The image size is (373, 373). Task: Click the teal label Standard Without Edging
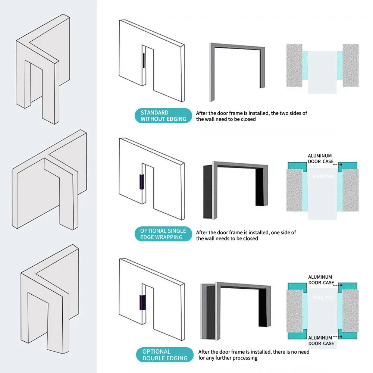[x=163, y=116]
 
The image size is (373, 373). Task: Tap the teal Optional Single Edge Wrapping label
[x=163, y=234]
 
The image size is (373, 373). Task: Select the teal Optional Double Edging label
[x=164, y=355]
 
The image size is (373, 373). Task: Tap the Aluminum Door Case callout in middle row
[x=320, y=159]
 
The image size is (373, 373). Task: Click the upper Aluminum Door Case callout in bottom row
[x=320, y=280]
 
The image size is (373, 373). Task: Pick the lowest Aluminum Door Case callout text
[x=321, y=341]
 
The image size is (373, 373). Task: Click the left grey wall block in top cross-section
[x=294, y=66]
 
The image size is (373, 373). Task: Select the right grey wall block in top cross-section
[x=350, y=66]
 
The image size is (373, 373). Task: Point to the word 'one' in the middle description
[x=276, y=232]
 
